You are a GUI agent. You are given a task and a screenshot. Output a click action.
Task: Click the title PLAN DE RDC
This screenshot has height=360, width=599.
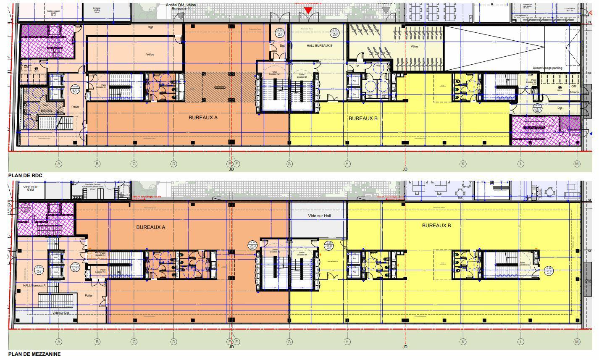click(25, 175)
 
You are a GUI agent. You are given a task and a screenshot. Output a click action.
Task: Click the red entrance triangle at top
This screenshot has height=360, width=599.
click(308, 11)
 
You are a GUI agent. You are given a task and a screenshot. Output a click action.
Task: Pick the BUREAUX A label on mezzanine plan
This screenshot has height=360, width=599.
click(150, 227)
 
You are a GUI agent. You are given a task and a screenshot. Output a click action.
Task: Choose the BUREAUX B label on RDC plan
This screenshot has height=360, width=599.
click(363, 118)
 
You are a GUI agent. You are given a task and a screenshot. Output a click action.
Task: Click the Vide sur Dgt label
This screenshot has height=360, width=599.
click(61, 313)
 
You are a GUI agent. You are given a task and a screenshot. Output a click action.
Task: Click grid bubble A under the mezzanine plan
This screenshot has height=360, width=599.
click(59, 342)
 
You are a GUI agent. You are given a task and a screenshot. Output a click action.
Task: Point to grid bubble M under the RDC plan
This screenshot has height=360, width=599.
click(577, 164)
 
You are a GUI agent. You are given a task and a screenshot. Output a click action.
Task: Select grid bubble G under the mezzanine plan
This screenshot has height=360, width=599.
click(289, 342)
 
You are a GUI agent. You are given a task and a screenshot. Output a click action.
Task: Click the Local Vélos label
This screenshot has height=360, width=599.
click(570, 10)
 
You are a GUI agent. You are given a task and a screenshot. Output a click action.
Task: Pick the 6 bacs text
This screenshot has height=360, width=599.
click(574, 92)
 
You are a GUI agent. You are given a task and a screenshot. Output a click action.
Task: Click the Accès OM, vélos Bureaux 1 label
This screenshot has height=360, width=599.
click(181, 6)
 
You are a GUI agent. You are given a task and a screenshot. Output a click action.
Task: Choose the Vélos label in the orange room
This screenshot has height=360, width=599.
click(150, 55)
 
